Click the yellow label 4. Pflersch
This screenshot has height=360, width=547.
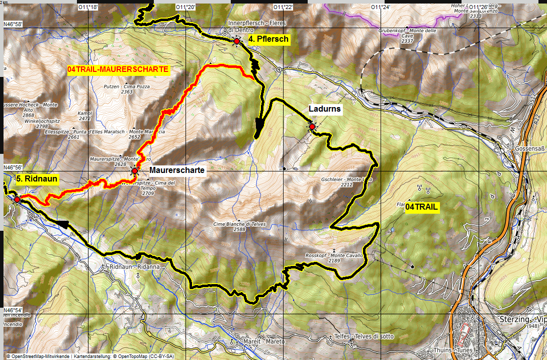click(x=269, y=39)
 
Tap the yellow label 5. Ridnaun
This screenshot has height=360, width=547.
click(x=37, y=178)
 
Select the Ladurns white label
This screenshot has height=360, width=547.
click(x=325, y=109)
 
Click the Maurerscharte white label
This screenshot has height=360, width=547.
click(x=177, y=170)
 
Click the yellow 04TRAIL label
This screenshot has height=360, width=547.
click(x=422, y=207)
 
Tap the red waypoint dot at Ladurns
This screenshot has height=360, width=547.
click(x=312, y=127)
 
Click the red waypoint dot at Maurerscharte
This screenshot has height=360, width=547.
click(x=135, y=171)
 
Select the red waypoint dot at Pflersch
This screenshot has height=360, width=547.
click(x=236, y=41)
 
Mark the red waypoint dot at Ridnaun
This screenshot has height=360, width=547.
click(x=17, y=200)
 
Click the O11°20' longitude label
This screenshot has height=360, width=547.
click(x=186, y=7)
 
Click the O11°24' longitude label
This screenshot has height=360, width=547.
click(x=380, y=7)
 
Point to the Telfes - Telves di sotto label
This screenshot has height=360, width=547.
click(x=364, y=336)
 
